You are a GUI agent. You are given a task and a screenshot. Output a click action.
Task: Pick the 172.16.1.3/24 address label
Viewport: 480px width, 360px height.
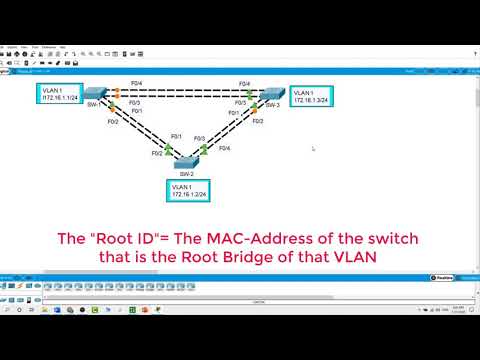pyautogui.click(x=311, y=100)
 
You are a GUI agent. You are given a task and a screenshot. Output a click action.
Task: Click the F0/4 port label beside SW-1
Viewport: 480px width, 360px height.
pyautogui.click(x=122, y=83)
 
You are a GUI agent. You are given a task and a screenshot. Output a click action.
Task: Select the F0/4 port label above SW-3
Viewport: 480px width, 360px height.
pyautogui.click(x=244, y=83)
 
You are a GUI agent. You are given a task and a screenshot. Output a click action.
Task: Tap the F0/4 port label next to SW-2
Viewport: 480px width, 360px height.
pyautogui.click(x=224, y=148)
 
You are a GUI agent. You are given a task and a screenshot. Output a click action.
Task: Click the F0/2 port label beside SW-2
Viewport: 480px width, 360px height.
pyautogui.click(x=157, y=154)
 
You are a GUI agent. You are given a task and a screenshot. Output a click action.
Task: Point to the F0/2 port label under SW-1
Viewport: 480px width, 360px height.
pyautogui.click(x=113, y=121)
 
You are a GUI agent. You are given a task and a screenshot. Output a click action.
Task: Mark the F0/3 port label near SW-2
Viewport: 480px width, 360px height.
pyautogui.click(x=199, y=138)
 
